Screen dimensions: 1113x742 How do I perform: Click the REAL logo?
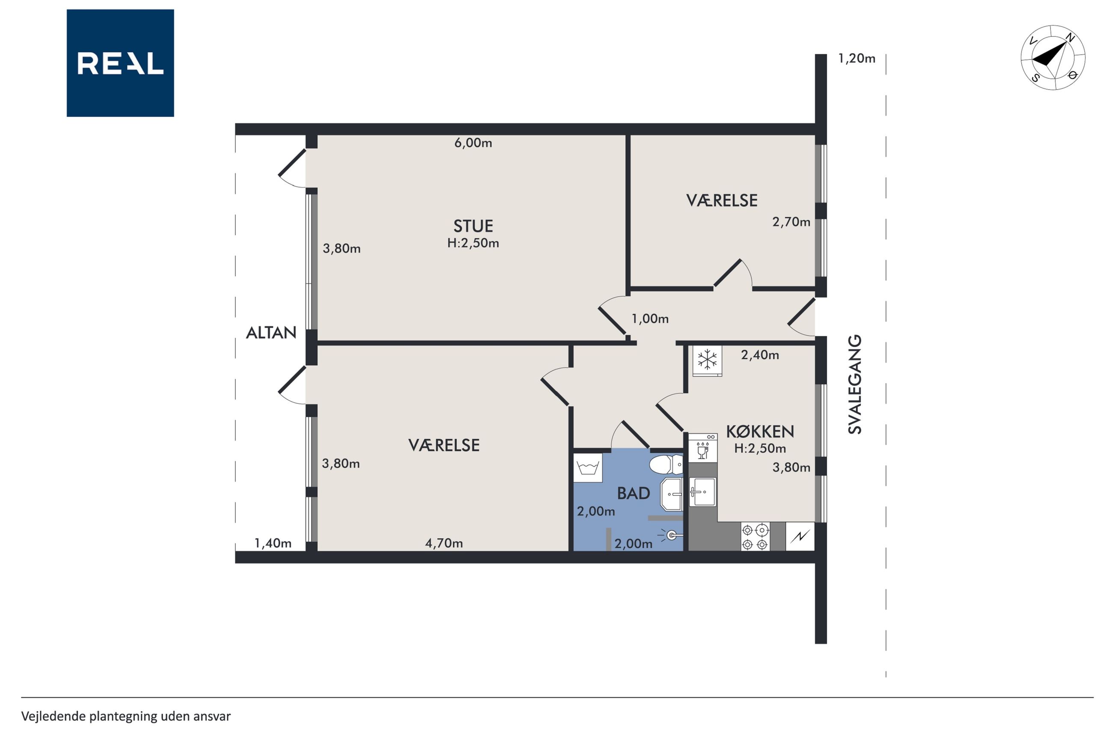click(120, 63)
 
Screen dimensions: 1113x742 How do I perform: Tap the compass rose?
click(1053, 58)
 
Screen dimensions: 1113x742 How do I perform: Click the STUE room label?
click(473, 226)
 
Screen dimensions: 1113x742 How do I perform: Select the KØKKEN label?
click(760, 431)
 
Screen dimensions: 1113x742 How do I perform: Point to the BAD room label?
click(634, 493)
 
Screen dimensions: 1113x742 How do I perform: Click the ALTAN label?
click(271, 333)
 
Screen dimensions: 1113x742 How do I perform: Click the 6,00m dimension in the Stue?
click(473, 143)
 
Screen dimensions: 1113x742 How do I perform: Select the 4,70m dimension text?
click(443, 543)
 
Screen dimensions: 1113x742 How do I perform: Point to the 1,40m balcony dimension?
click(273, 543)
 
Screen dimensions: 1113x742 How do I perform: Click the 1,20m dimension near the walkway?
click(857, 59)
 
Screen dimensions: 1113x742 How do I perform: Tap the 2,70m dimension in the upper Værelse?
click(791, 222)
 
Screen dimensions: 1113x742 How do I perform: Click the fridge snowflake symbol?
click(707, 360)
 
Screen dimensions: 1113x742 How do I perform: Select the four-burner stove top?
click(755, 537)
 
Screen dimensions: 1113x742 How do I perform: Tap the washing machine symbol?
click(588, 468)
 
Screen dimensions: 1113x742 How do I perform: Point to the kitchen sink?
click(702, 492)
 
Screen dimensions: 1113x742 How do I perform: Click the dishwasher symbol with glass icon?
click(703, 448)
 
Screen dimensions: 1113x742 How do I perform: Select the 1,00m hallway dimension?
click(650, 319)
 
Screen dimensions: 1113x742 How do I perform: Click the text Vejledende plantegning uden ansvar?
click(126, 716)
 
